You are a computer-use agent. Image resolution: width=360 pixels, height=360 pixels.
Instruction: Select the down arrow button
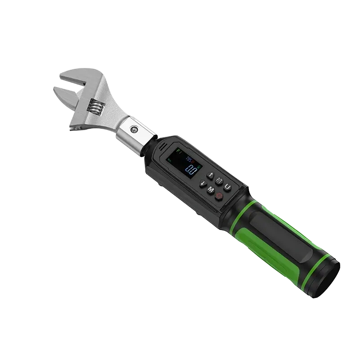pos(204,183)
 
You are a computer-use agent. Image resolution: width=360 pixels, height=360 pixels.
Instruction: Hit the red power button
pos(219,196)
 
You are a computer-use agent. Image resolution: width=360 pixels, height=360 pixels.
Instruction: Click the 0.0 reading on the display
pos(192,170)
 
